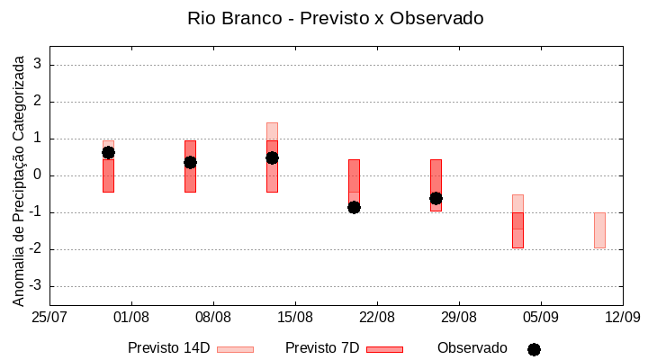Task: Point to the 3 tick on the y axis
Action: coord(39,65)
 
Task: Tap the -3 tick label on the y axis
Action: coord(36,286)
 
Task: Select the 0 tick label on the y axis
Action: coord(39,175)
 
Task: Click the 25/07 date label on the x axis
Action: coord(49,318)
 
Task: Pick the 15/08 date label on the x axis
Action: coord(295,318)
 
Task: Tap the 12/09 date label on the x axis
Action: coord(622,318)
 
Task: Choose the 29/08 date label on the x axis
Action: coord(459,318)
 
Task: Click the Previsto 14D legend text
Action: coord(168,348)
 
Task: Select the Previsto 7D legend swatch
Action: coord(384,349)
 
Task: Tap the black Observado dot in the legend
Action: coord(534,349)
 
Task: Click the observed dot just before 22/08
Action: coord(354,207)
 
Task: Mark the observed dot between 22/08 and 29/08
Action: coord(436,198)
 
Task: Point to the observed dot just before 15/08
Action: coord(272,157)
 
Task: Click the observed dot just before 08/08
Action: coord(190,162)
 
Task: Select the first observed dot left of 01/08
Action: coord(108,152)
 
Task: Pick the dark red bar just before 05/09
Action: coord(517,229)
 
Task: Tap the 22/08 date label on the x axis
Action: coord(377,318)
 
